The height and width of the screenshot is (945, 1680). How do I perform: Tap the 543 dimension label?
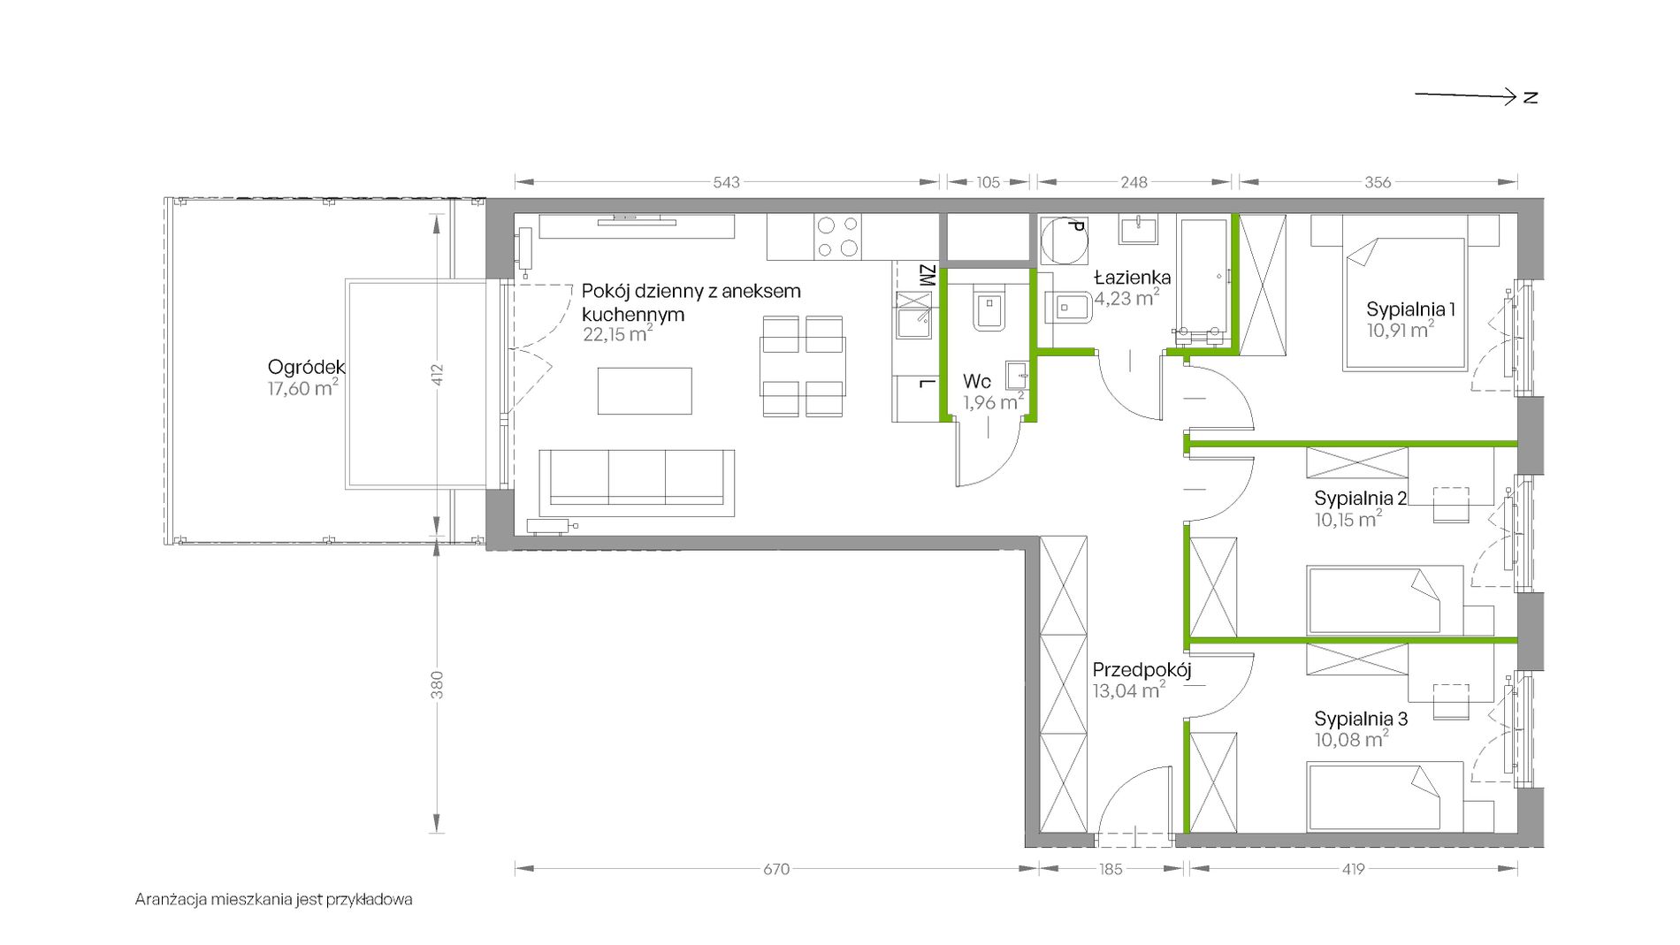[726, 182]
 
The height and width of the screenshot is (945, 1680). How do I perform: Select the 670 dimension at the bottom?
[776, 869]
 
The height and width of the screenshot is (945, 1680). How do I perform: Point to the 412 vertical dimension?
[437, 375]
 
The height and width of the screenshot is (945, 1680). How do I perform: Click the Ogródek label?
[306, 367]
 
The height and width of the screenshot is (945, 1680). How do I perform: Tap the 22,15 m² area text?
[617, 334]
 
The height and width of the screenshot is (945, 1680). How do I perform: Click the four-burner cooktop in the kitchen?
[837, 237]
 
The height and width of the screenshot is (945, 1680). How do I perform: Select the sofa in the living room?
[637, 483]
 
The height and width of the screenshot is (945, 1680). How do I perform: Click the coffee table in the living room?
[645, 391]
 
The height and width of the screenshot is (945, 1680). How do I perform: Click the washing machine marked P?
[1064, 240]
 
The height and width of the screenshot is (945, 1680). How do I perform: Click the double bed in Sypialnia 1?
[1405, 293]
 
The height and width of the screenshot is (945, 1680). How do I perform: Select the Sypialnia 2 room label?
[1360, 499]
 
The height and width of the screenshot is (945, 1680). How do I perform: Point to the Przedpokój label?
[1142, 670]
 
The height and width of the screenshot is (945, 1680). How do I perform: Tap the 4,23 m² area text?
[1126, 299]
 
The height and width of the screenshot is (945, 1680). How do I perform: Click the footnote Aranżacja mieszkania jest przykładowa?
[273, 900]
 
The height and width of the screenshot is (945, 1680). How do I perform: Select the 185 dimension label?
[1111, 869]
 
